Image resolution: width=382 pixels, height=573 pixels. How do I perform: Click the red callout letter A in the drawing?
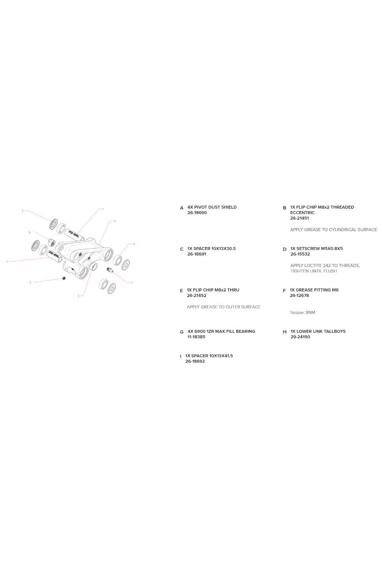[x=22, y=211]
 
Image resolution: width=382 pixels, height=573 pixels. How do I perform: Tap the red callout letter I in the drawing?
[x=103, y=209]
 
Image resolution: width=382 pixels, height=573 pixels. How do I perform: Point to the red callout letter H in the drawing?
[x=114, y=221]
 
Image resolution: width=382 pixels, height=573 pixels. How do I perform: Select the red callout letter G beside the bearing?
[x=134, y=244]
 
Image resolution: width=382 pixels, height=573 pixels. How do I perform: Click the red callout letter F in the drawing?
[x=132, y=283]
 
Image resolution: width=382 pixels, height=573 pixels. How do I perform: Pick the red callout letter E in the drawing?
[x=78, y=296]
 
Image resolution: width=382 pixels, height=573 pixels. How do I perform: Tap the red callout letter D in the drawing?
[x=31, y=282]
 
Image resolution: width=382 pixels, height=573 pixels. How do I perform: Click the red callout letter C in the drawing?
[x=7, y=262]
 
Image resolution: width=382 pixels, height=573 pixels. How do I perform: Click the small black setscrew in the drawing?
[x=64, y=278]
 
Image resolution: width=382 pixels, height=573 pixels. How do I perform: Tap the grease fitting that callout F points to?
[x=110, y=270]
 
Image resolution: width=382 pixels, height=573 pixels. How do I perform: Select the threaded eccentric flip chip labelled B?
[x=52, y=242]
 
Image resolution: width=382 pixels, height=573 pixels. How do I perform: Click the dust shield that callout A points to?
[x=53, y=224]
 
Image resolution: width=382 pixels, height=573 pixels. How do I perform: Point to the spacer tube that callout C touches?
[x=55, y=257]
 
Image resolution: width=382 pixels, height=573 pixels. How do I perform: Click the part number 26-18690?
[x=197, y=213]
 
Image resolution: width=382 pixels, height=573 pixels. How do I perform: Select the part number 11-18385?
[x=196, y=337]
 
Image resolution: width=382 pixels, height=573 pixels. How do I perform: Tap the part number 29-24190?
[x=300, y=337]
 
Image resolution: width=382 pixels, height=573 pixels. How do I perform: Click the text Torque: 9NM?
[x=302, y=312]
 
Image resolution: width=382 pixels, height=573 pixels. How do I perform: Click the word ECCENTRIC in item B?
[x=302, y=213]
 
